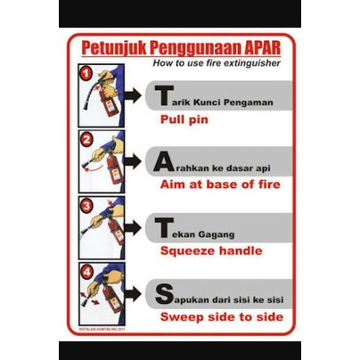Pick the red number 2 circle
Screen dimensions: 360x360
pos(86,139)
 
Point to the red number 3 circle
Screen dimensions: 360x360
pos(86,204)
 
